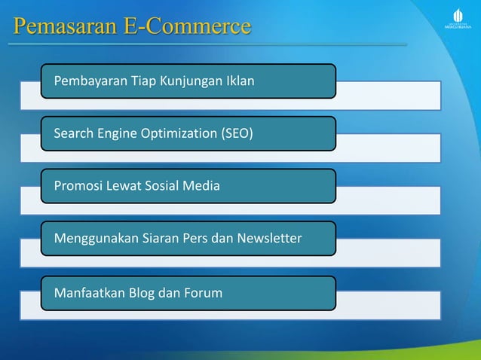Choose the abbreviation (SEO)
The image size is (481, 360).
click(237, 134)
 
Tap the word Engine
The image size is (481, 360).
click(114, 134)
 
